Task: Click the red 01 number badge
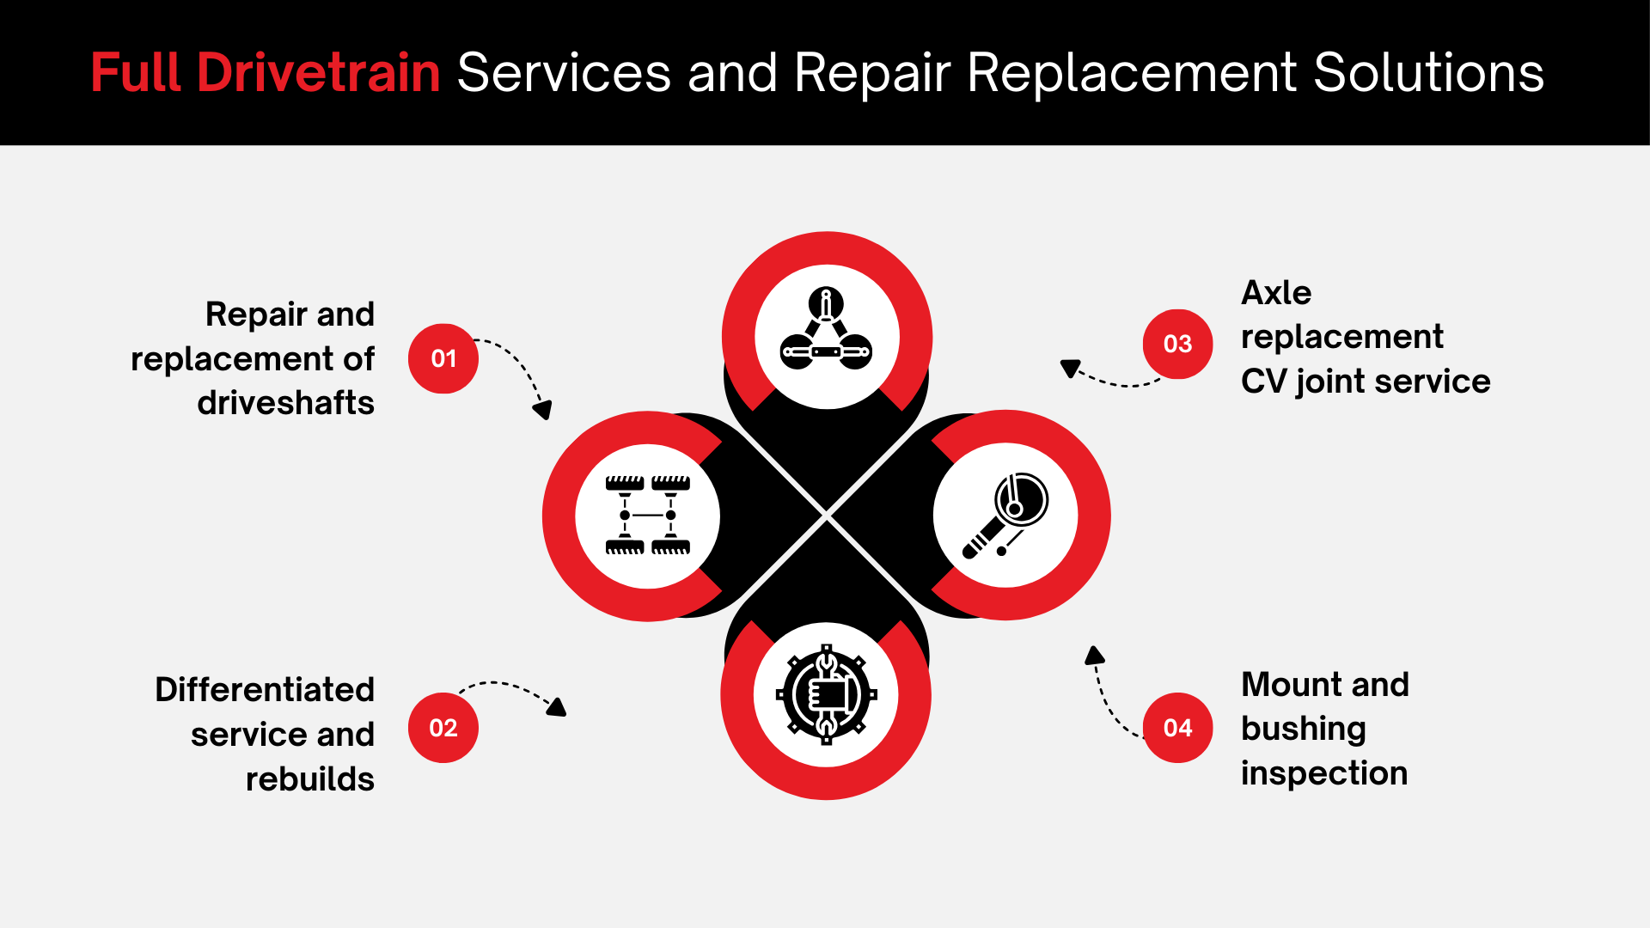pyautogui.click(x=443, y=358)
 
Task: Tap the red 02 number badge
pyautogui.click(x=443, y=728)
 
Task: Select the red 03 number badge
pyautogui.click(x=1177, y=344)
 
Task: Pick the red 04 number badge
pyautogui.click(x=1177, y=728)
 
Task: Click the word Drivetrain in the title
pyautogui.click(x=319, y=72)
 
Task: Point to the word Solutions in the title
pyautogui.click(x=1428, y=72)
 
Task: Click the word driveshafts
pyautogui.click(x=286, y=402)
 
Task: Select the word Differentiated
pyautogui.click(x=265, y=689)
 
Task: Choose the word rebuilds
pyautogui.click(x=310, y=778)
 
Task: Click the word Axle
pyautogui.click(x=1276, y=292)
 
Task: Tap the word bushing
pyautogui.click(x=1304, y=730)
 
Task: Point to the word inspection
pyautogui.click(x=1324, y=773)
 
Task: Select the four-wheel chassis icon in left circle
pyautogui.click(x=647, y=515)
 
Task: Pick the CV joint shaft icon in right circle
pyautogui.click(x=1005, y=515)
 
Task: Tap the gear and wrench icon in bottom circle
pyautogui.click(x=826, y=694)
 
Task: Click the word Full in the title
pyautogui.click(x=136, y=72)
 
